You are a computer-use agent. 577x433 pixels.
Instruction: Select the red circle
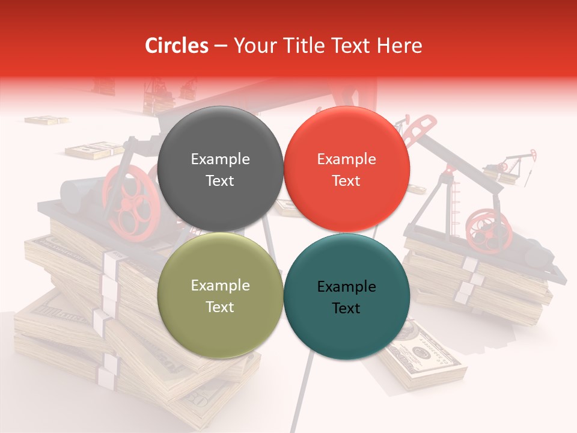(346, 138)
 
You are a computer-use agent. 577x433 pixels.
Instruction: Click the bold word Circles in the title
(176, 46)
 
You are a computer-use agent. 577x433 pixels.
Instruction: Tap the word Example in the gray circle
(220, 159)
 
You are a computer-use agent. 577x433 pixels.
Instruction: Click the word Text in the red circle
(346, 181)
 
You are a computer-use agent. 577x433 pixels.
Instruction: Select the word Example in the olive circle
(220, 286)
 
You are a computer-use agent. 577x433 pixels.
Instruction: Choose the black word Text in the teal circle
(346, 309)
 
